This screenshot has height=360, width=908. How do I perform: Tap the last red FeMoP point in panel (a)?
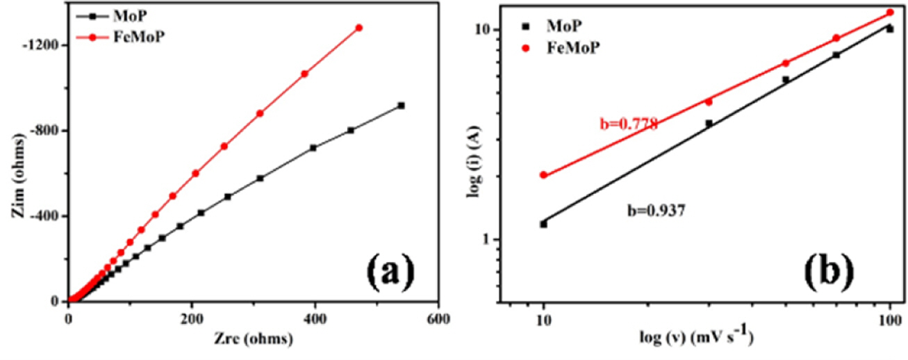point(358,28)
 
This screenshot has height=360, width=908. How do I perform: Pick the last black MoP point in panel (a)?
point(401,106)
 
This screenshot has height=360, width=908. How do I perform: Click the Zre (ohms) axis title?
point(251,340)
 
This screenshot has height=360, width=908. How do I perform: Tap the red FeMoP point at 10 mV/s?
point(543,175)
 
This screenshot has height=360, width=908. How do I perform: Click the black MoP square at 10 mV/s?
point(543,224)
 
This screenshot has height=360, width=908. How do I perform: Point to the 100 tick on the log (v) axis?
point(889,320)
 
